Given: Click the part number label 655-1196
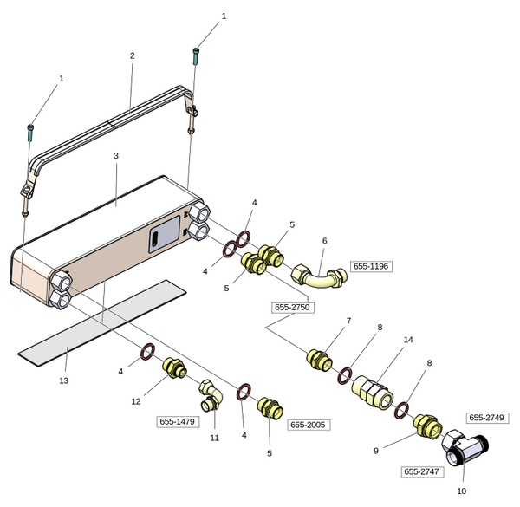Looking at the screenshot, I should (371, 266).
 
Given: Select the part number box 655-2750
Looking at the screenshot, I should (292, 307).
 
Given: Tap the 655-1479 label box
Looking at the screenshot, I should (178, 421).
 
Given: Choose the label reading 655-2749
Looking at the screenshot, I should (486, 418).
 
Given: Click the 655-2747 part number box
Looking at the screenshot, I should (422, 471).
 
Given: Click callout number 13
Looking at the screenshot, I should (63, 380).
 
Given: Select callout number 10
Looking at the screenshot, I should (461, 491).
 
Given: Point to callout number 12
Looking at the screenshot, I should (135, 401).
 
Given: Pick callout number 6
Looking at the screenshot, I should (324, 241).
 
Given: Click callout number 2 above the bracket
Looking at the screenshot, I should (132, 55).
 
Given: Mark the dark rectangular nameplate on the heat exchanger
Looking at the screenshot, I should (165, 234).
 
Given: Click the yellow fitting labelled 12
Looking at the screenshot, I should (173, 371).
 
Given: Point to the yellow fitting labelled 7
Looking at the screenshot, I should (320, 359).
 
